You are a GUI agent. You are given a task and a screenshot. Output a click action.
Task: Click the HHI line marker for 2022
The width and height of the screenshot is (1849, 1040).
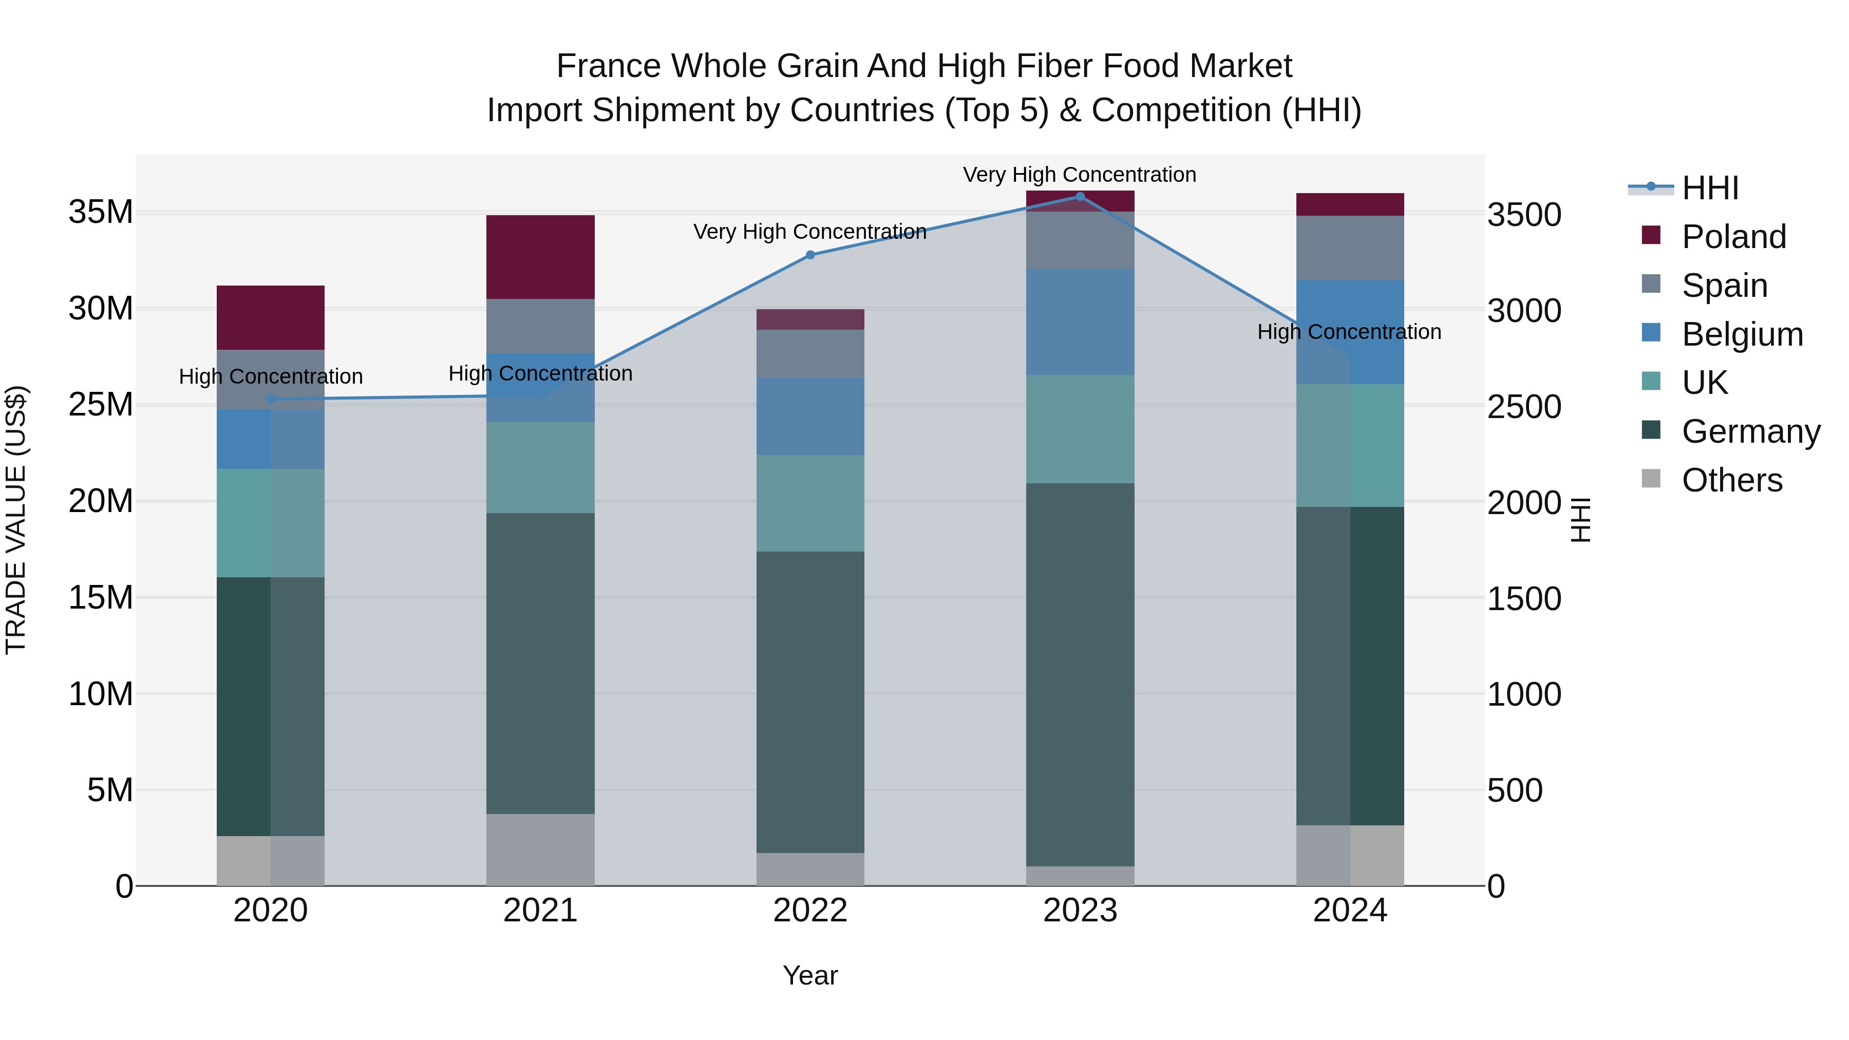click(x=810, y=255)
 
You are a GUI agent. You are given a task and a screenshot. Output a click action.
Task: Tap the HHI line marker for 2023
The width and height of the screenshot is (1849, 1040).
click(x=1080, y=197)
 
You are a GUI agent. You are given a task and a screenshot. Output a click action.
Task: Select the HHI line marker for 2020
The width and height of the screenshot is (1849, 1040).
click(x=271, y=399)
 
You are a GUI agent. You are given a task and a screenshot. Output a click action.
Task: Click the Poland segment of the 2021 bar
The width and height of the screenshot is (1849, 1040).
click(x=540, y=257)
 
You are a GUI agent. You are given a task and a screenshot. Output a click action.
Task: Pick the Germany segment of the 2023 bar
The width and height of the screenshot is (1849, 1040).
click(x=1080, y=675)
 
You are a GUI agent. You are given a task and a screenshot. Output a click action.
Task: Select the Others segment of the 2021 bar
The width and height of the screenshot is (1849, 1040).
click(x=540, y=850)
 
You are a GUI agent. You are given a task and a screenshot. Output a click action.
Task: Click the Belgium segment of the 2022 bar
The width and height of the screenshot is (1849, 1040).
click(x=810, y=417)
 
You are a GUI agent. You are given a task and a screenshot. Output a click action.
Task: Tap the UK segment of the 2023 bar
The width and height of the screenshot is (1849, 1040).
click(x=1080, y=429)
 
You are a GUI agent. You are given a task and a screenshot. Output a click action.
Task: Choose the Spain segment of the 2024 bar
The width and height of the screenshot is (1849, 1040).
click(x=1350, y=248)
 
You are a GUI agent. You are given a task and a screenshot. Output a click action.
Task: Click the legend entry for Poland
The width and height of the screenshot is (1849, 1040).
click(x=1733, y=237)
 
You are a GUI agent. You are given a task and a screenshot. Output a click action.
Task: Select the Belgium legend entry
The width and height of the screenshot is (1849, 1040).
click(x=1742, y=334)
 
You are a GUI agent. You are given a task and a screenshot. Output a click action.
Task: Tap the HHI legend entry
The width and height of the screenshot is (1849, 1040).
click(x=1710, y=188)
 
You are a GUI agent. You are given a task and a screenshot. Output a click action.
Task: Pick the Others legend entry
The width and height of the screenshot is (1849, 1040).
click(x=1731, y=480)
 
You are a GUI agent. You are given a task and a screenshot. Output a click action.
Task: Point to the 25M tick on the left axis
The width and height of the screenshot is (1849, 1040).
click(x=101, y=405)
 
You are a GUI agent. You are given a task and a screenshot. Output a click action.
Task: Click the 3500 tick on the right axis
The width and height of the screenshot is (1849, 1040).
click(x=1524, y=215)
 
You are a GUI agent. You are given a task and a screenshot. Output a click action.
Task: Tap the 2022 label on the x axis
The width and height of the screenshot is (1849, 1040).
click(x=810, y=911)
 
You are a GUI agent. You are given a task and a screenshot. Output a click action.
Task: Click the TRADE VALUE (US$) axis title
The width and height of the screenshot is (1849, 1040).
click(x=16, y=520)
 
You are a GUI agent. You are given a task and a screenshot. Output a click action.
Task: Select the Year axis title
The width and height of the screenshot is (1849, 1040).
click(x=810, y=975)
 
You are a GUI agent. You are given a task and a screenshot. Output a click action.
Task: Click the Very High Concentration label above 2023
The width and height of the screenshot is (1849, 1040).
click(x=1080, y=175)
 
